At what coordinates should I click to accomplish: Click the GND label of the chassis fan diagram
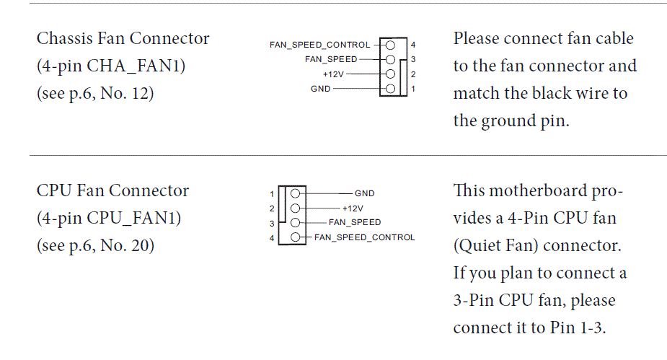coord(320,89)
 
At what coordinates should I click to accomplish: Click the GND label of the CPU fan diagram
coord(365,193)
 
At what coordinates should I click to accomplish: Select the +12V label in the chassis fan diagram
coord(333,74)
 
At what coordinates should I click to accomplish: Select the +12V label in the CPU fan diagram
coord(353,208)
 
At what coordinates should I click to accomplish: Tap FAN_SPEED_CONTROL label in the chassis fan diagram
coord(320,45)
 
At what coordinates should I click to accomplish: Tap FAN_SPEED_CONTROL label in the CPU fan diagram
coord(365,237)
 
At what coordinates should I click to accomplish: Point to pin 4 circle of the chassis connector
coord(390,45)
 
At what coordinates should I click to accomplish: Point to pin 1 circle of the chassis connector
coord(390,89)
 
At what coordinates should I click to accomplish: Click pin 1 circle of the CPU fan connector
coord(295,193)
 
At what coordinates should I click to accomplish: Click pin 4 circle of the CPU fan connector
coord(295,237)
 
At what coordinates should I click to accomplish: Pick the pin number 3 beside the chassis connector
coord(413,60)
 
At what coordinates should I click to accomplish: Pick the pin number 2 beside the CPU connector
coord(272,208)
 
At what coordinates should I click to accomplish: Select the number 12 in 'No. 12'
coord(140,93)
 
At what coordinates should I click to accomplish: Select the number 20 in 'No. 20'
coord(140,245)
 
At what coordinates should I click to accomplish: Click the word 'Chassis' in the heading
coord(65,38)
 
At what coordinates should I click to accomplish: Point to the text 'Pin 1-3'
coord(578,328)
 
